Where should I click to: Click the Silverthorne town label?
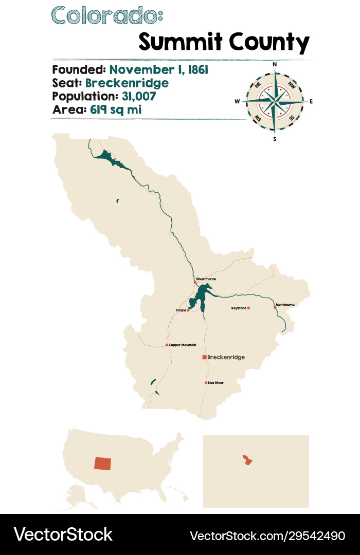coord(206,279)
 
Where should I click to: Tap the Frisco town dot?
coord(188,310)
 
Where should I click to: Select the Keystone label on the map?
coord(238,308)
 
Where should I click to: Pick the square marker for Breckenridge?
coord(205,357)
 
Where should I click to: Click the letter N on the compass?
coord(275,65)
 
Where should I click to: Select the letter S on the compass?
coord(275,139)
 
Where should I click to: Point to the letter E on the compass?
coord(311,102)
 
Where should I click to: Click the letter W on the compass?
coord(238,102)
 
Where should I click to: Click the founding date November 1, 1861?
coord(158,70)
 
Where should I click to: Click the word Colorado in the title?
coord(106,15)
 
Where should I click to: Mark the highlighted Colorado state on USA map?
coord(102,462)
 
